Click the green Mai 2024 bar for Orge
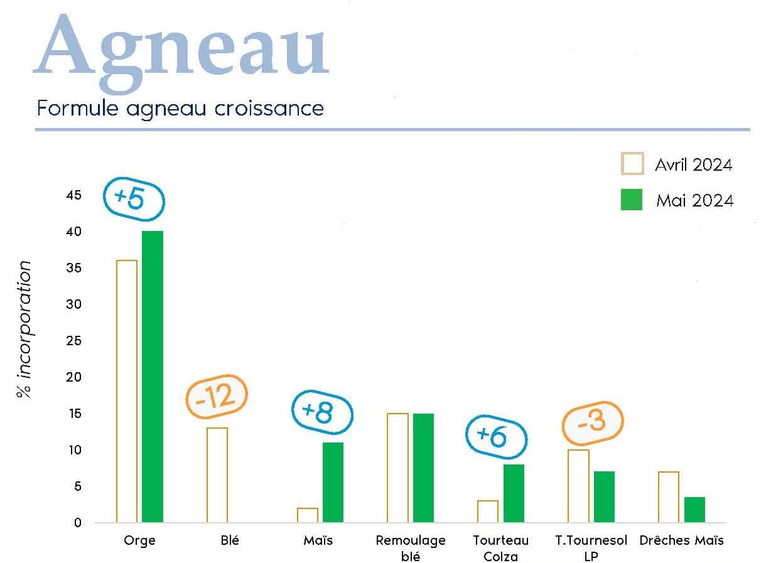pos(153,377)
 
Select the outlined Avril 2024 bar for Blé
pos(217,475)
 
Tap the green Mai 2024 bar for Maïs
pos(333,483)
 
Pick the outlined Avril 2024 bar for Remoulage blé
pos(397,468)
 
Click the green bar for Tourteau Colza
pos(514,493)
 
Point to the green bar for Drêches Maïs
pos(694,510)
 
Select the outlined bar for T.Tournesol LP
pos(579,486)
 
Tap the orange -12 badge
pos(217,397)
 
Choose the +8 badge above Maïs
pos(323,412)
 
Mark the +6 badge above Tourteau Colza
pos(496,436)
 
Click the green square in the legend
pos(632,200)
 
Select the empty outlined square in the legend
pos(632,164)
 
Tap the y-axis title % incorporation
pos(24,330)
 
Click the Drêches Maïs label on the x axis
pos(681,540)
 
